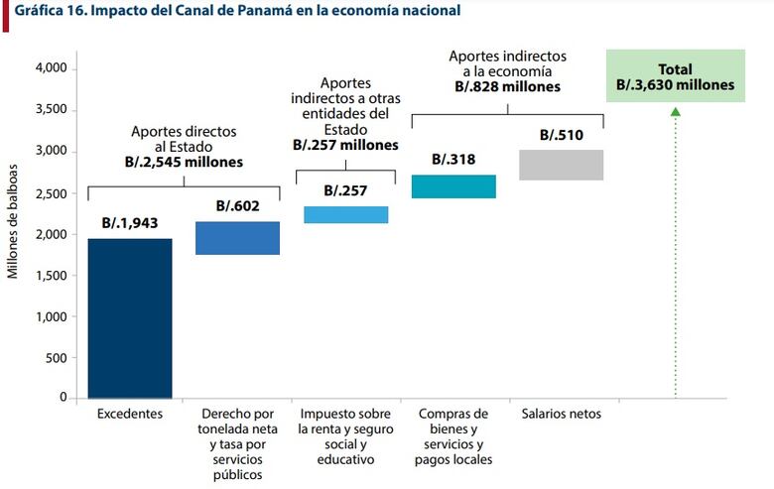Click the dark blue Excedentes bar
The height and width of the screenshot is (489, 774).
pos(130,317)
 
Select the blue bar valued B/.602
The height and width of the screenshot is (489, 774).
pos(237,238)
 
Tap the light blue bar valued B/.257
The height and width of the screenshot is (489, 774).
pos(345,214)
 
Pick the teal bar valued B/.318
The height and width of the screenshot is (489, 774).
pos(453,186)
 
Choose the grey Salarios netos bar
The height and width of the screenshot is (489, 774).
pos(562,165)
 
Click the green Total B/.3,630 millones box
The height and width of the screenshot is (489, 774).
pos(675,76)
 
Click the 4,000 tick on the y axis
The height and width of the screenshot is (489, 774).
pos(50,68)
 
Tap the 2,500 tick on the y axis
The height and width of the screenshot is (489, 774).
pos(50,192)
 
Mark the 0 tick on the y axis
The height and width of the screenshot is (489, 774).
pos(63,398)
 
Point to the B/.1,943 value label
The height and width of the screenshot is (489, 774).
pos(129,223)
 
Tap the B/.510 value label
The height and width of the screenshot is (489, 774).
pos(561,135)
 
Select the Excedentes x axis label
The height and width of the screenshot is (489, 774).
pos(129,413)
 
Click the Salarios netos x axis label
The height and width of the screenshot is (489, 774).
pos(561,413)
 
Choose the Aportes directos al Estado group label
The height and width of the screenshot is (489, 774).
pos(185,146)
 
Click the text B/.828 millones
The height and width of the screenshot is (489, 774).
pos(507,86)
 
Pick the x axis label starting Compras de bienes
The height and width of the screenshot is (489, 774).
pos(453,435)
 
